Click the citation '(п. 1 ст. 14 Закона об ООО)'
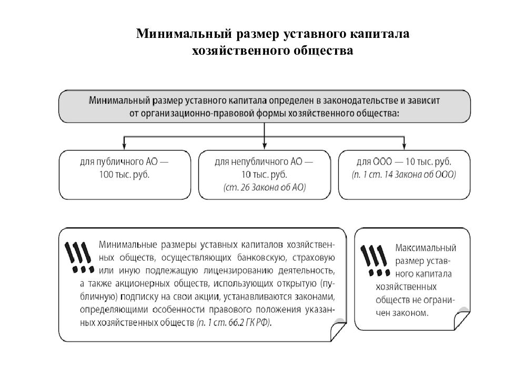[x=405, y=174]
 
